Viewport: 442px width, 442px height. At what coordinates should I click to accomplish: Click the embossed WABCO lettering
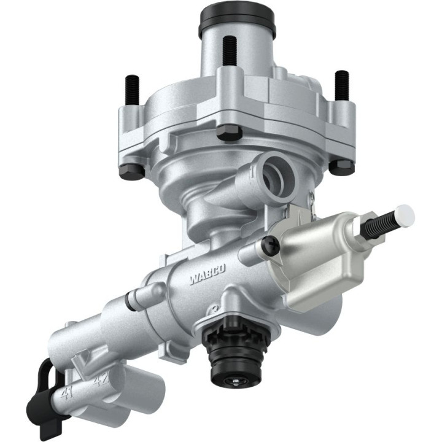pyautogui.click(x=207, y=275)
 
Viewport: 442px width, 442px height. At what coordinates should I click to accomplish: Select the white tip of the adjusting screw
pyautogui.click(x=405, y=214)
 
